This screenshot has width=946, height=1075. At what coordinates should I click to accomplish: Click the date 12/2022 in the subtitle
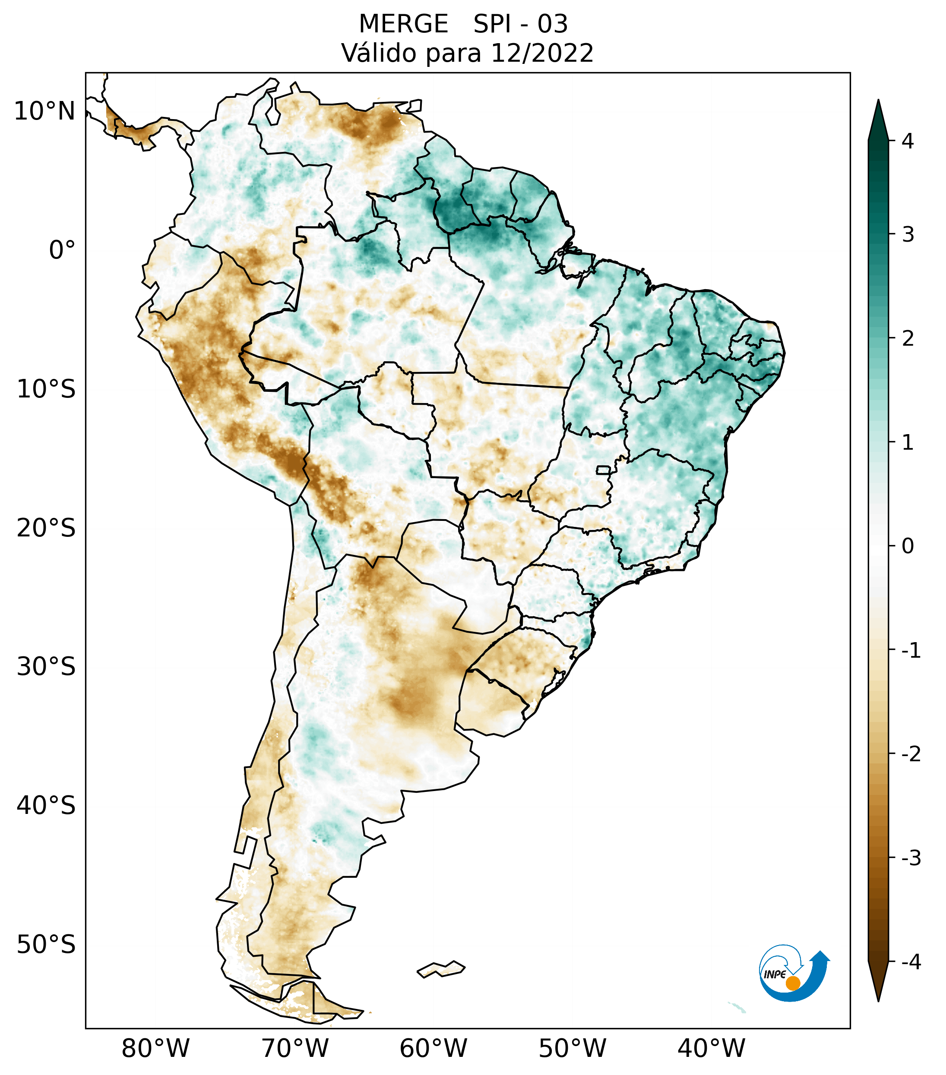tap(542, 53)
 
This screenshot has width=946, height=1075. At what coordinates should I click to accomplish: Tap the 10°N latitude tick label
tap(44, 111)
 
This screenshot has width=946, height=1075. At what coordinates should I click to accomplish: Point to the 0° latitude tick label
tap(62, 250)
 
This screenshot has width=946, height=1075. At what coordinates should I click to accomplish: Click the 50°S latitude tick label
tap(46, 945)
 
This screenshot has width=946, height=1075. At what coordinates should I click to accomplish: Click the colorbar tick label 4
tap(908, 141)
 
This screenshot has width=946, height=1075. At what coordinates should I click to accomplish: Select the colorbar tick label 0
tap(908, 546)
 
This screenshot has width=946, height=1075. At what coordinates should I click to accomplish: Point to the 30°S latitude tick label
tap(46, 667)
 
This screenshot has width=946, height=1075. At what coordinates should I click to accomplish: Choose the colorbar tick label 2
tap(908, 339)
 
